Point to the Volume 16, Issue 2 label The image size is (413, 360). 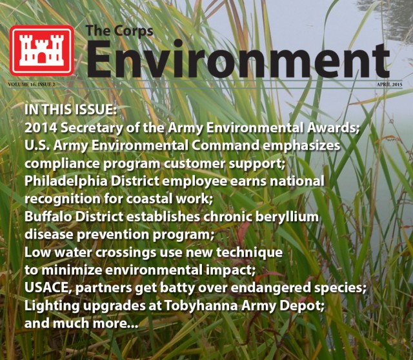[41, 85]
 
